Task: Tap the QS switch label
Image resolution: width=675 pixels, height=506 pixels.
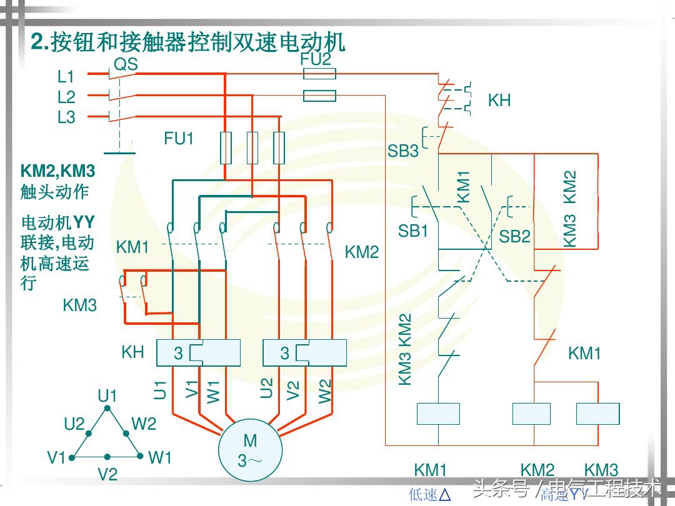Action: pos(125,64)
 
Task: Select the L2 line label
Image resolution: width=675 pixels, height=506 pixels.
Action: pos(66,97)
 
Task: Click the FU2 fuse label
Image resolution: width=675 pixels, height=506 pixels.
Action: pos(315,59)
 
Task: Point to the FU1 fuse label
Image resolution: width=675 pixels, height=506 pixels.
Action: pos(179,139)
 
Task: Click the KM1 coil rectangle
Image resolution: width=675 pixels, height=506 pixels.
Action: pos(438,414)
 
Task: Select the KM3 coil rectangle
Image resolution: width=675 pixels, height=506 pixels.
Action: pos(597,414)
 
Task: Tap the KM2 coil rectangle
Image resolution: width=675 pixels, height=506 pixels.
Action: pos(531,414)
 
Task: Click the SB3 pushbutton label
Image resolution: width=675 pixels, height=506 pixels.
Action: pos(403,151)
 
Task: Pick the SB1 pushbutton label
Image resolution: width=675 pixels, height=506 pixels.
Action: pos(413,231)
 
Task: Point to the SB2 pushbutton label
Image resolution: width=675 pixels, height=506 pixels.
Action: pos(514,236)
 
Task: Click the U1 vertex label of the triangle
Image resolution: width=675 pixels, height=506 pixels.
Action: pos(107,395)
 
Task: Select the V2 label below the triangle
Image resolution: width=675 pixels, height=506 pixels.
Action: pos(107,475)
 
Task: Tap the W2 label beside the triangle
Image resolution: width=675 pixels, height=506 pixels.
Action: pos(144,424)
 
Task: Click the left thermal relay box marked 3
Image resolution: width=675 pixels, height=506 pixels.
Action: pos(198,353)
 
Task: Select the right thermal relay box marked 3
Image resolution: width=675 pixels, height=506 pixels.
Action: pos(304,353)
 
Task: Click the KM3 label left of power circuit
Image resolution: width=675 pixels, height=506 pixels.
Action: pos(80,305)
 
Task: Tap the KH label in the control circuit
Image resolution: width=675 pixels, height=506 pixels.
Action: pos(499,101)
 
